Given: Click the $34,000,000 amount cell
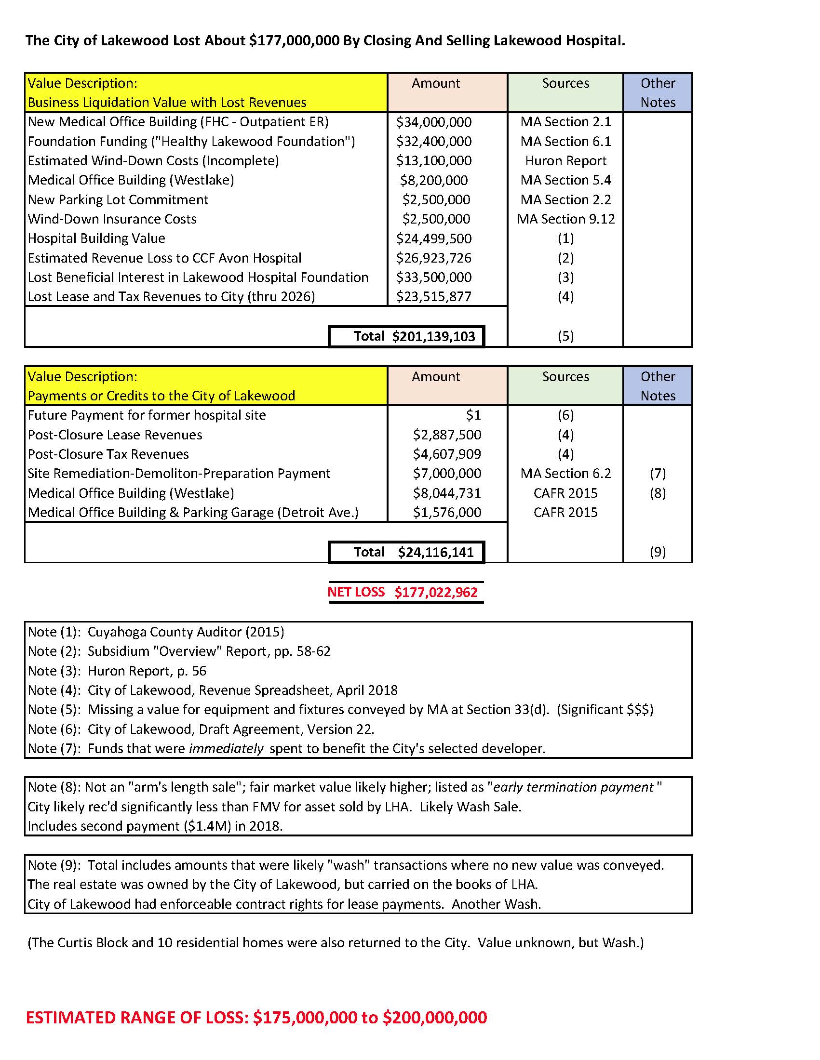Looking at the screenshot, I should pyautogui.click(x=433, y=122).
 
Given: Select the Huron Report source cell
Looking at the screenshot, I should pyautogui.click(x=565, y=160).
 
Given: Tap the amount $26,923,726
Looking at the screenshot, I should pyautogui.click(x=433, y=258).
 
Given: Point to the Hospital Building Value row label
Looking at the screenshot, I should pyautogui.click(x=96, y=238).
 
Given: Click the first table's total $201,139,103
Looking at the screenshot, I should pyautogui.click(x=433, y=336).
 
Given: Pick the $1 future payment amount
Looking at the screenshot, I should pyautogui.click(x=473, y=415).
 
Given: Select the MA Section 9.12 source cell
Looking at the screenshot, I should pyautogui.click(x=565, y=219).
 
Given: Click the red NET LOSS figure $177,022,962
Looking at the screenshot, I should pyautogui.click(x=435, y=592).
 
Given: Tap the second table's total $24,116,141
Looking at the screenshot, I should pyautogui.click(x=435, y=552).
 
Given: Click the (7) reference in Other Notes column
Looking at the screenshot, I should pyautogui.click(x=657, y=473).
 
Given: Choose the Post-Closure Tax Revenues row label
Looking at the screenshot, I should pyautogui.click(x=108, y=454).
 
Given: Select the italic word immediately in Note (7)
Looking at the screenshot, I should pyautogui.click(x=226, y=748).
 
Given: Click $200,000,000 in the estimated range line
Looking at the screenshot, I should pyautogui.click(x=434, y=1018).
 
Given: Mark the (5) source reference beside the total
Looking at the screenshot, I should pyautogui.click(x=565, y=336).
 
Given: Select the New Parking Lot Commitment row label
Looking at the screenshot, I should pyautogui.click(x=118, y=199).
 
